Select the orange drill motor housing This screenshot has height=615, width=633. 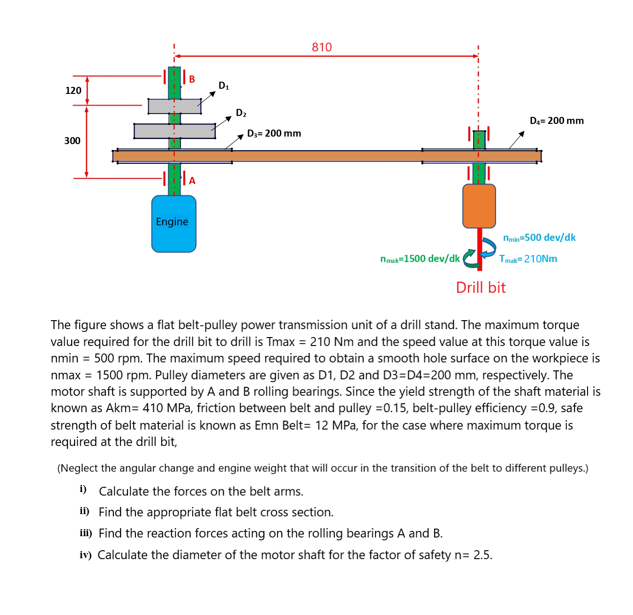coord(479,206)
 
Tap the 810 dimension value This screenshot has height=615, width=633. coord(322,47)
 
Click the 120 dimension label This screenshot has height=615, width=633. coord(73,91)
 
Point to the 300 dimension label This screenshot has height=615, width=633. coord(72,141)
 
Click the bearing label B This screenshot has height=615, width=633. coord(192,79)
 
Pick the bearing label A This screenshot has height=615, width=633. coord(192,181)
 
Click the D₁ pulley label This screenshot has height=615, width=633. coord(224,85)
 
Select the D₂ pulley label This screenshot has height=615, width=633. coord(241,113)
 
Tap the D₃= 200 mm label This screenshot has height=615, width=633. coord(274,133)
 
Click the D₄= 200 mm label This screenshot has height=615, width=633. coord(557,121)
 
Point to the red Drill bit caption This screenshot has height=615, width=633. coord(481,287)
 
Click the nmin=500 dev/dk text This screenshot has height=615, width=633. coord(539,238)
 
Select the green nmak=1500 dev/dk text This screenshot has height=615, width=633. coord(420,259)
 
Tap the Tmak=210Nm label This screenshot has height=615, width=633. coord(528,259)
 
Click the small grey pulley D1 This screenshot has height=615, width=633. coord(174,106)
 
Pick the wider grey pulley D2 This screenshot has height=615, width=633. coord(174,131)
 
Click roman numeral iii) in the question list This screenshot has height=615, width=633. coord(85,533)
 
